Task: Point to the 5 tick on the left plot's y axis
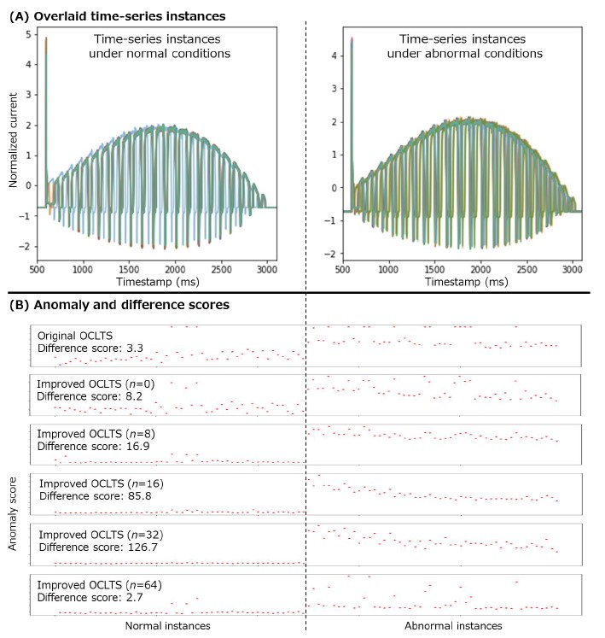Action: pyautogui.click(x=29, y=34)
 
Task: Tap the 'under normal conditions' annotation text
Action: pyautogui.click(x=162, y=54)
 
